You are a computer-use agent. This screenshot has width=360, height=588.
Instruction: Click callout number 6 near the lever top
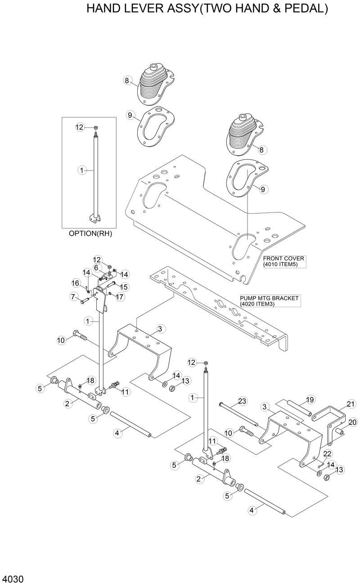(x=96, y=268)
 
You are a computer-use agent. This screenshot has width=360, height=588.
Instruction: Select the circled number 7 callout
(x=72, y=296)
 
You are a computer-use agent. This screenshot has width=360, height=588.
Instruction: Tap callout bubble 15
(x=124, y=287)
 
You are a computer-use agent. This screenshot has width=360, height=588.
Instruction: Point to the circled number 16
(x=76, y=283)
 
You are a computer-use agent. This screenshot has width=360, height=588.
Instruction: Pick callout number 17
(x=119, y=296)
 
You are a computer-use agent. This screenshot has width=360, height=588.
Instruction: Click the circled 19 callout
(x=310, y=399)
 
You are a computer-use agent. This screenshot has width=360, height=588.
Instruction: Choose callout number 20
(x=352, y=422)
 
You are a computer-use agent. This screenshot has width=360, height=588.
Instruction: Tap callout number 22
(x=327, y=453)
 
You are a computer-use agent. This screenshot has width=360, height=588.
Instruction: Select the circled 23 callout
(x=242, y=401)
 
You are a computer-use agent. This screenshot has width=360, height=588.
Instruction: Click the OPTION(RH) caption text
(x=90, y=233)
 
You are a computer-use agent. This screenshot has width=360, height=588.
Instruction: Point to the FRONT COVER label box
(x=284, y=261)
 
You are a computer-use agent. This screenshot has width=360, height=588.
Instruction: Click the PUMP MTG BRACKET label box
(x=269, y=301)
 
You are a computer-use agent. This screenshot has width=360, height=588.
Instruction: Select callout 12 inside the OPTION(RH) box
(x=80, y=127)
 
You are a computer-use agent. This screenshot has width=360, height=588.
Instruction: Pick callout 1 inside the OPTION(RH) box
(x=82, y=171)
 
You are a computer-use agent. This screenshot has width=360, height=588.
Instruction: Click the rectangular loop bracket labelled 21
(x=331, y=416)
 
